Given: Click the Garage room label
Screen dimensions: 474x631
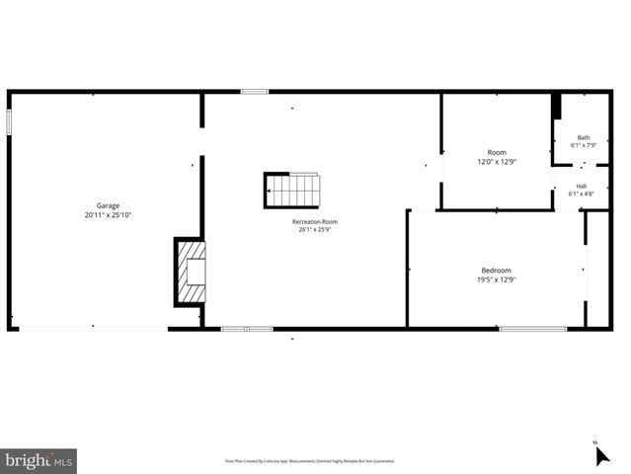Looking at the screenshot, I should point(108,205).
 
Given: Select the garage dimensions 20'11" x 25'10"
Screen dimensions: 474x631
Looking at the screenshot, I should point(108,214).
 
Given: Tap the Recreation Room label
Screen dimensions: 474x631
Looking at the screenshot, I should point(315,222).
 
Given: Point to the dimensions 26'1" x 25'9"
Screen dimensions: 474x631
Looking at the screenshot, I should point(315,231).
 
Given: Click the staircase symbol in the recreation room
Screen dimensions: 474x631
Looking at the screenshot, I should point(292,190).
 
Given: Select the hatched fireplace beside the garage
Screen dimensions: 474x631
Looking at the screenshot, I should point(191,272).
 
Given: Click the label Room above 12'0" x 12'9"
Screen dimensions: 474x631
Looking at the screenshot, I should point(496,152).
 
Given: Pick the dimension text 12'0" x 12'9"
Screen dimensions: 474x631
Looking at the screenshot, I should point(496,161).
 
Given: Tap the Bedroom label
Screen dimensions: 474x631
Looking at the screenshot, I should point(496,271).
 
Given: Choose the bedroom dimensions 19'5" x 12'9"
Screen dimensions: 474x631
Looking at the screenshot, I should point(496,279).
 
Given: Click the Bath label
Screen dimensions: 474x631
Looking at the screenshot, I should point(584,137).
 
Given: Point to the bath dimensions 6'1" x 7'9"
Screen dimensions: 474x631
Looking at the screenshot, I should point(584,145).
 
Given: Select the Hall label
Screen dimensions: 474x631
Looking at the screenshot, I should point(582,186).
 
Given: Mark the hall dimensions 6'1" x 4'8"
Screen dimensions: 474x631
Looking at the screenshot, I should point(582,194).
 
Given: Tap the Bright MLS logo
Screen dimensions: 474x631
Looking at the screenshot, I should point(39,461).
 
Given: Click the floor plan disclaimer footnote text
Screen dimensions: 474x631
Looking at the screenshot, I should point(310,461).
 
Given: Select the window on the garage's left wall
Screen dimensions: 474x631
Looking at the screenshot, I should point(9,121).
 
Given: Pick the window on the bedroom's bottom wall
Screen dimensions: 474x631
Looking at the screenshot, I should point(532,328).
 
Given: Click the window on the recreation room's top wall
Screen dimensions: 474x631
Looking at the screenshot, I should point(254,92).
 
